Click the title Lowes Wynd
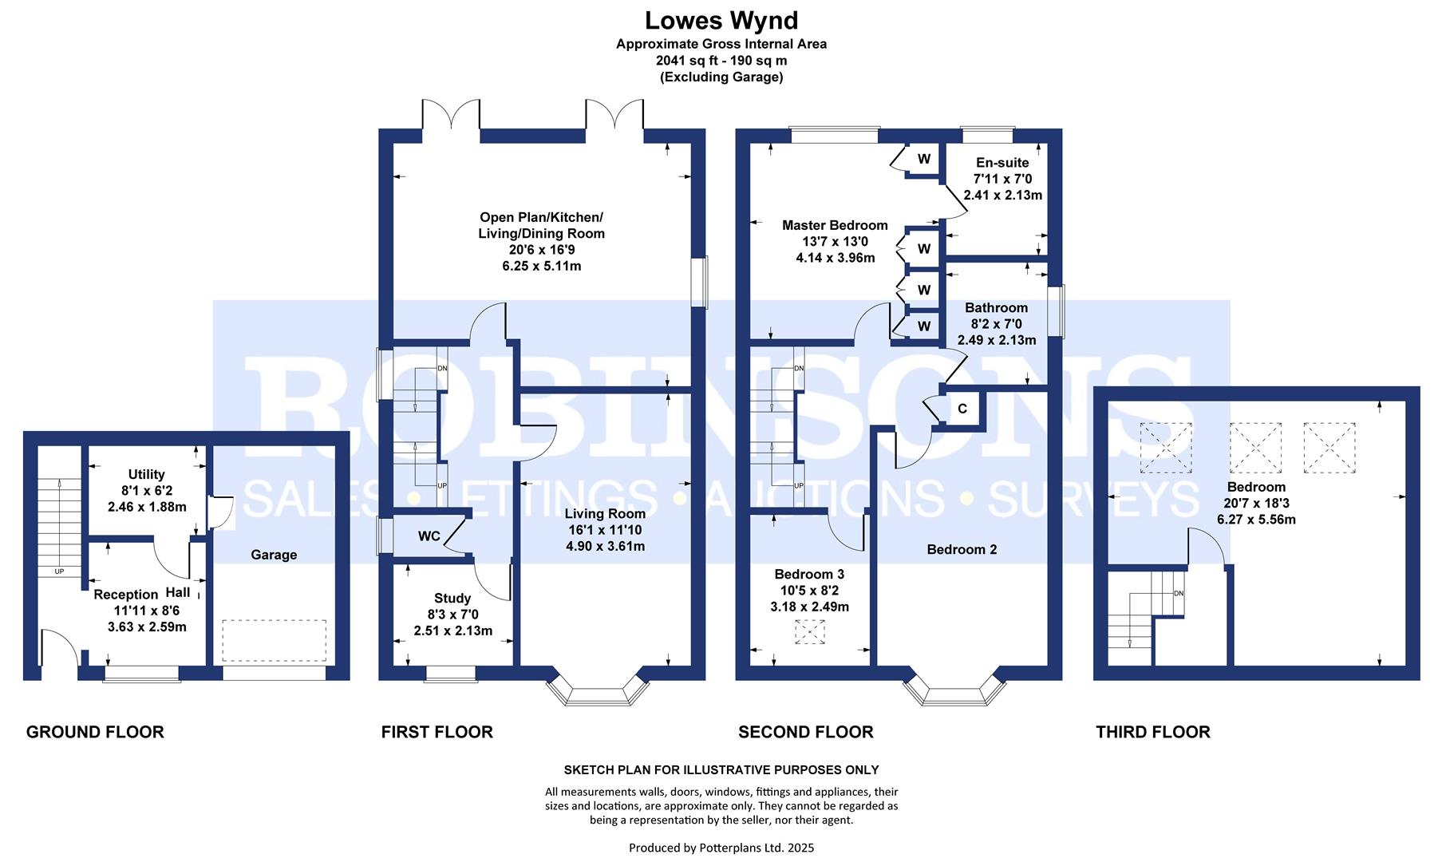click(x=721, y=19)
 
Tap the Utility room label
click(x=146, y=474)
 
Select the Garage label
click(x=274, y=555)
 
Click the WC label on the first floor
click(x=429, y=536)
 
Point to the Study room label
click(x=452, y=598)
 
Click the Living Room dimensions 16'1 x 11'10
click(x=604, y=530)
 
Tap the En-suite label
click(x=1001, y=163)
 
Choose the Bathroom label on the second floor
click(x=996, y=307)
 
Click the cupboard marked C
click(x=962, y=409)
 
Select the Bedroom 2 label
click(x=962, y=549)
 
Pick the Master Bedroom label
click(x=835, y=225)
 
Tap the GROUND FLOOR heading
click(x=95, y=732)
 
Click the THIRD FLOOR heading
click(x=1152, y=732)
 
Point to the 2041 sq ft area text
click(x=687, y=61)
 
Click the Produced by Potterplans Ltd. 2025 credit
click(x=721, y=848)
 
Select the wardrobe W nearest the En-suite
click(x=923, y=159)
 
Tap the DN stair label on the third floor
click(x=1179, y=593)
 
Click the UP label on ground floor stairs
click(x=59, y=571)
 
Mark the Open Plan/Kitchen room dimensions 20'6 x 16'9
click(x=541, y=250)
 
